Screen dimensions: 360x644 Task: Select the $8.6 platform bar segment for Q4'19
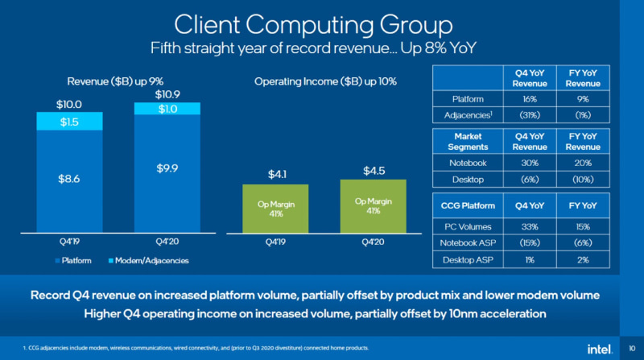70,178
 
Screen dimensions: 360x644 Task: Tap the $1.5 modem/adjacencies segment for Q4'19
70,122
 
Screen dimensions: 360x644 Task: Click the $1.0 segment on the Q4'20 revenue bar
167,110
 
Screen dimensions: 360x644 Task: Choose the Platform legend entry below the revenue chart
73,261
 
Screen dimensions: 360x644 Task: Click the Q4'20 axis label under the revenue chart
167,240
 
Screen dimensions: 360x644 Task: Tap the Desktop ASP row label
468,260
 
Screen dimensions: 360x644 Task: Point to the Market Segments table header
468,142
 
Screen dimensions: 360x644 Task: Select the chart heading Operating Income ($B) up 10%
324,81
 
